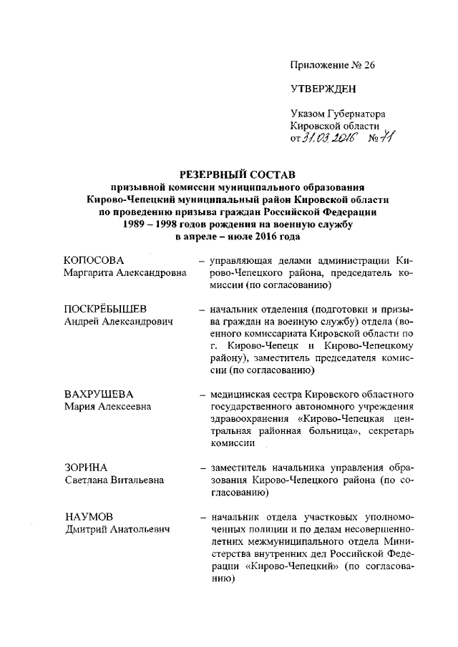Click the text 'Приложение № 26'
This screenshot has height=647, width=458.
[332, 64]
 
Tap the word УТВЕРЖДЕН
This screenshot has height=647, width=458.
[323, 89]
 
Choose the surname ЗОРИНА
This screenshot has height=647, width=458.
[85, 467]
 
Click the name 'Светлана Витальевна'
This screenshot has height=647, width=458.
[113, 480]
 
